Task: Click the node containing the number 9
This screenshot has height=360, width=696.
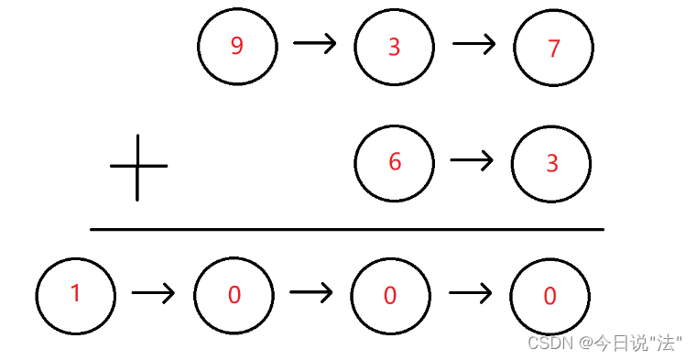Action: pos(237,47)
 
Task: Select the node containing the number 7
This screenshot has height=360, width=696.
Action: pos(553,48)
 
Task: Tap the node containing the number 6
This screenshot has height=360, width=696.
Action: pos(395,163)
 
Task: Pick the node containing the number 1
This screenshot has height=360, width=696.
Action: pos(76,295)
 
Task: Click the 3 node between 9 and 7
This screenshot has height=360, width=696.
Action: pos(394,48)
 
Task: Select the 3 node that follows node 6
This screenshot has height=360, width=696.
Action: pos(551,164)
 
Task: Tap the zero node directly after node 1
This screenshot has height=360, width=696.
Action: pos(234,295)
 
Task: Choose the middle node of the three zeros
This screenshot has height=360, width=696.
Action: pos(390,295)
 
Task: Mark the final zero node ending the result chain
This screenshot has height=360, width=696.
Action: pos(549,296)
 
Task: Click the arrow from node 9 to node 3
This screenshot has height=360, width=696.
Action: pos(315,43)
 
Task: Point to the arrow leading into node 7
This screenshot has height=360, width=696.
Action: pos(473,44)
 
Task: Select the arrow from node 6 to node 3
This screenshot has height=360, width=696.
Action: pos(472,161)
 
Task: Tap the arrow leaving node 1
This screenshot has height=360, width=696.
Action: pos(153,293)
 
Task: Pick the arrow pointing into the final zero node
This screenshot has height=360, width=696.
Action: pos(471,293)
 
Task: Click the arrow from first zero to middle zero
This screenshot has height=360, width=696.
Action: pos(311,292)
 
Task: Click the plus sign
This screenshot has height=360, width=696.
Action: pos(138,167)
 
